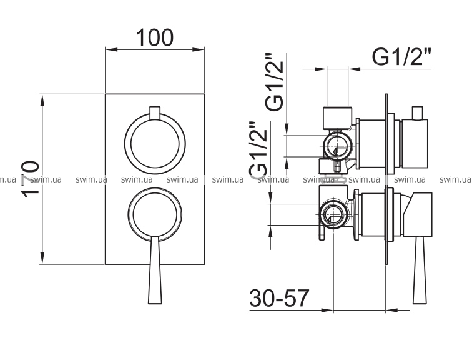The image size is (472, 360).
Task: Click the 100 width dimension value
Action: click(155, 37)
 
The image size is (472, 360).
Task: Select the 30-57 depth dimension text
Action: click(279, 298)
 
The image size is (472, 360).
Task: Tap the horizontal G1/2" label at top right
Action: click(401, 57)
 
